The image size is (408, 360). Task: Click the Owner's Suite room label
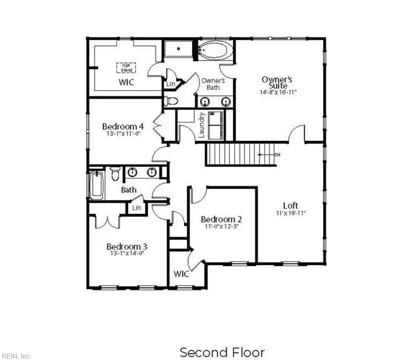277,82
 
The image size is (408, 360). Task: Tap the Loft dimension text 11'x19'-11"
290,213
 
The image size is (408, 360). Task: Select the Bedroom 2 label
221,219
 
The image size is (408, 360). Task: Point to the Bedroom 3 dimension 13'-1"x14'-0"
127,253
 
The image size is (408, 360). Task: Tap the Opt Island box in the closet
126,67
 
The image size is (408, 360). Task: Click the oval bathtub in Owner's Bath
215,50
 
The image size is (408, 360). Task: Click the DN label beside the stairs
277,154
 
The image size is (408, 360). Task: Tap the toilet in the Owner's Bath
171,101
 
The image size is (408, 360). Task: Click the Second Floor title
222,352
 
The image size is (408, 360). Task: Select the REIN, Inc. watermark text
15,356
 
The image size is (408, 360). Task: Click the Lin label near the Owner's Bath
171,84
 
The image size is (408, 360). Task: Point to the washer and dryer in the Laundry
216,124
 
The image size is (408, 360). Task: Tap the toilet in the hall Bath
115,174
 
